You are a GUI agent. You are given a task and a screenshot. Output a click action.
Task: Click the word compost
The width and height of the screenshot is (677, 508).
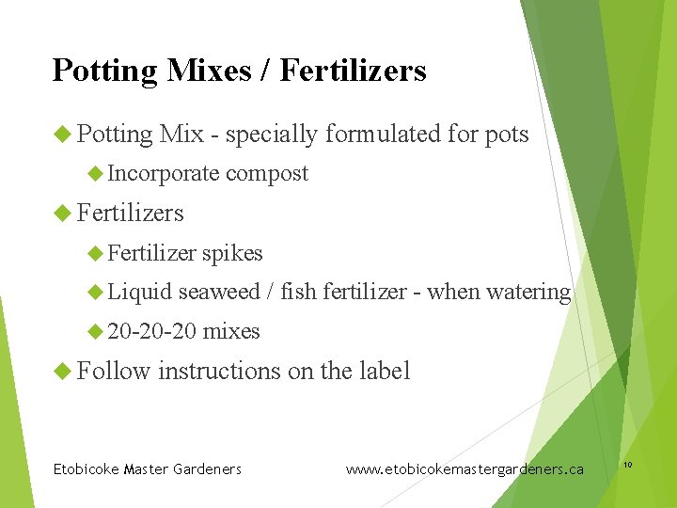point(267,174)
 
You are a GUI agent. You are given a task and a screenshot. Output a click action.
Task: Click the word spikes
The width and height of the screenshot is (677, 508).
point(232,253)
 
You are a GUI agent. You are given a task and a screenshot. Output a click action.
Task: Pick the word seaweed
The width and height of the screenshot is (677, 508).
point(219,293)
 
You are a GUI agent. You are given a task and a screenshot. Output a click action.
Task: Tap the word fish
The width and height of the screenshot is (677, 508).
point(298,293)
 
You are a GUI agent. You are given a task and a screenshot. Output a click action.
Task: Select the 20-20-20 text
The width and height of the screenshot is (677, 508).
point(151,331)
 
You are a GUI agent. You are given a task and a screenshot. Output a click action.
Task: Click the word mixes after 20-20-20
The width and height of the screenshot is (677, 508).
point(231,331)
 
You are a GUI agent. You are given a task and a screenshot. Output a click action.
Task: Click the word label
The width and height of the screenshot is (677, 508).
point(385,371)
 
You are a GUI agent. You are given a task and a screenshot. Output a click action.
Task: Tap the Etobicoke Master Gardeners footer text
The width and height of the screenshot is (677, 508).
point(148,468)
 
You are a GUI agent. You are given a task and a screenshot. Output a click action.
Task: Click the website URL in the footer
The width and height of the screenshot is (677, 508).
point(464,468)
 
